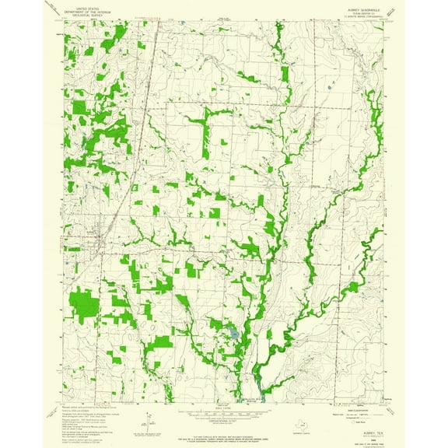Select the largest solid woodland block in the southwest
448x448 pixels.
coord(85,306)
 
